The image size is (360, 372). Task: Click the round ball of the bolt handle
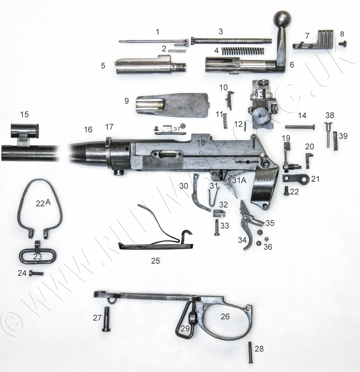click(x=282, y=19)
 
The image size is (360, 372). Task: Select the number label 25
click(x=155, y=261)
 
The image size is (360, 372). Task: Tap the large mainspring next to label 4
click(x=242, y=50)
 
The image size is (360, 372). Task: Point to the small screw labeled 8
click(x=343, y=43)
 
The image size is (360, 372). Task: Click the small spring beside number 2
click(x=177, y=51)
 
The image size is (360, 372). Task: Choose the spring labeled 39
click(x=336, y=141)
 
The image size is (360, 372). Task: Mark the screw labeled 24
click(x=36, y=274)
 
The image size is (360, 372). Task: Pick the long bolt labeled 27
click(x=106, y=319)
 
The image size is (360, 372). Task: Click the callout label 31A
click(x=239, y=180)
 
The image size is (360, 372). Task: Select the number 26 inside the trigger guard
click(x=225, y=316)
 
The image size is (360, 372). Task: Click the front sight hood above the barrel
click(x=25, y=130)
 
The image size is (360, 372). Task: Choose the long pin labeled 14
click(x=300, y=127)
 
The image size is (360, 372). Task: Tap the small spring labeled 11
click(x=225, y=121)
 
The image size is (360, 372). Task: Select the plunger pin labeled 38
click(x=329, y=134)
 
